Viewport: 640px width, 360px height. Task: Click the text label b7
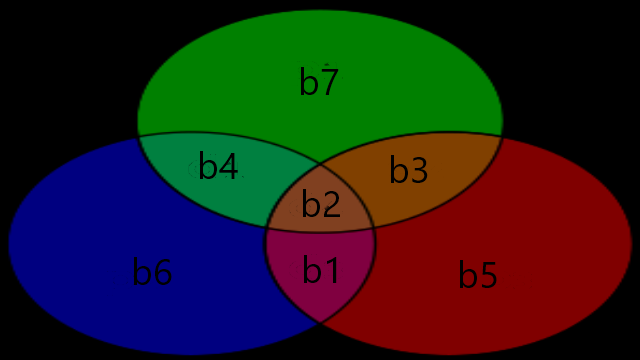pos(319,82)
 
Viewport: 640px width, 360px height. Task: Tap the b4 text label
pos(218,166)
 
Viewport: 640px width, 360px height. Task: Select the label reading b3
pos(409,169)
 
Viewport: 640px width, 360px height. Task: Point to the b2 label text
pos(321,203)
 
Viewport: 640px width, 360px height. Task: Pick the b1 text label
pos(321,269)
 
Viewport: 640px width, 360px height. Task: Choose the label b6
pos(152,271)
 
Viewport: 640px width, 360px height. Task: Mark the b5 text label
pos(478,275)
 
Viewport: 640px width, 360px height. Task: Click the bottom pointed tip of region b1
pos(320,323)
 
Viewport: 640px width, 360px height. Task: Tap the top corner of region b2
pos(320,165)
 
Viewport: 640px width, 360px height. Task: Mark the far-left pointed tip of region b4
pos(140,136)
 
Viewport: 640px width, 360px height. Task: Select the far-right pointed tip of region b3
pos(501,136)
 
